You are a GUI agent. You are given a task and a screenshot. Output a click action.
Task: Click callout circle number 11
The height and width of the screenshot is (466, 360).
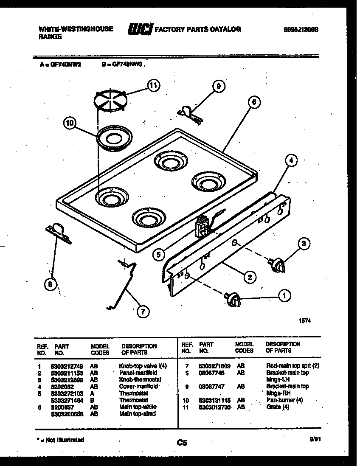(x=153, y=85)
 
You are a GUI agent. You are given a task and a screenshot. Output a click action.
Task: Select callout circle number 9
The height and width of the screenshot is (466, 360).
(x=218, y=87)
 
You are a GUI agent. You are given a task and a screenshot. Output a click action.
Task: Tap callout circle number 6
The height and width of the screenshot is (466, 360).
(x=253, y=102)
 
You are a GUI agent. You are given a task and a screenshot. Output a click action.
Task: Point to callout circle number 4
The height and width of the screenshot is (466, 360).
(x=291, y=160)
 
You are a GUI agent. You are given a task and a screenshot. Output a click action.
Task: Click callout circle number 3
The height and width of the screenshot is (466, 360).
(x=304, y=244)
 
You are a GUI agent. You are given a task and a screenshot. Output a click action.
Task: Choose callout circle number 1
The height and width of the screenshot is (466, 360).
(x=284, y=295)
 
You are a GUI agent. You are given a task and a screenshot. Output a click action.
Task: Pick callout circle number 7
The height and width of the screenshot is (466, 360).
(x=142, y=312)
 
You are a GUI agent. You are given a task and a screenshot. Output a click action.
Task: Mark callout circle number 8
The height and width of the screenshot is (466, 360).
(x=51, y=285)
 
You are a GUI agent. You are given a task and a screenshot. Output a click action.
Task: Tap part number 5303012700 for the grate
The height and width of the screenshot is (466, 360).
(x=215, y=407)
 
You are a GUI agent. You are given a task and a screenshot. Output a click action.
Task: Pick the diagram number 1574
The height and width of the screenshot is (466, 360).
(x=305, y=321)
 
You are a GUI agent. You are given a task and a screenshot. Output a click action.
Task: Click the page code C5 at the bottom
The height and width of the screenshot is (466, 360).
(x=183, y=443)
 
